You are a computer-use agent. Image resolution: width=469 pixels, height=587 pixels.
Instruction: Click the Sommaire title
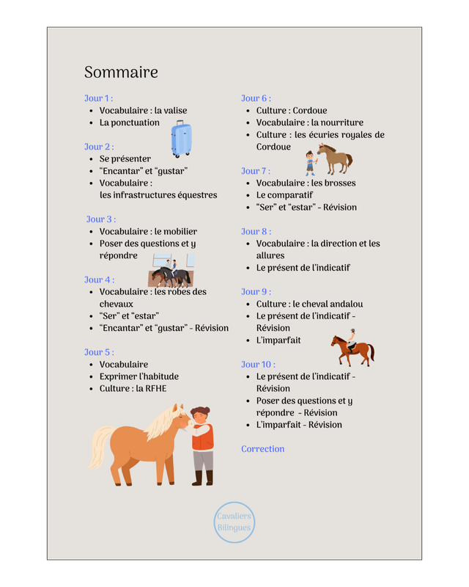pyautogui.click(x=121, y=73)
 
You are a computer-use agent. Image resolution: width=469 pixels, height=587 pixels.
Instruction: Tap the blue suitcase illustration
pyautogui.click(x=181, y=139)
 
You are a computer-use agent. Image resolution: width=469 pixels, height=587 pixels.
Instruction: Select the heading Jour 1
pyautogui.click(x=98, y=98)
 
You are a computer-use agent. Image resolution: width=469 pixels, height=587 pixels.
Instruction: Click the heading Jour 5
pyautogui.click(x=99, y=352)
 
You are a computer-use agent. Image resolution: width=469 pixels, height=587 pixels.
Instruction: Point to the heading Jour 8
pyautogui.click(x=256, y=231)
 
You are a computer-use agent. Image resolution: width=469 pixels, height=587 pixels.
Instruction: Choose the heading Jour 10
pyautogui.click(x=258, y=364)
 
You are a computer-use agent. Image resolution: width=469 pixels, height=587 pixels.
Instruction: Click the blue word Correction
pyautogui.click(x=262, y=449)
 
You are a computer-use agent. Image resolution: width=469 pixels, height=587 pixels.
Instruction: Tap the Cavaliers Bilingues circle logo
pyautogui.click(x=234, y=522)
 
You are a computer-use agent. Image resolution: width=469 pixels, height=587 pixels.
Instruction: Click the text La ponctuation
pyautogui.click(x=129, y=123)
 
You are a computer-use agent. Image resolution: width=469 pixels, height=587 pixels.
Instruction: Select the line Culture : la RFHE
pyautogui.click(x=133, y=388)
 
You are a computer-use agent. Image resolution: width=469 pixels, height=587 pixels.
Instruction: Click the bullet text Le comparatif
pyautogui.click(x=284, y=195)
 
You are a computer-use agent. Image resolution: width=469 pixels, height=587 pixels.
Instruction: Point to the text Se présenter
pyautogui.click(x=125, y=158)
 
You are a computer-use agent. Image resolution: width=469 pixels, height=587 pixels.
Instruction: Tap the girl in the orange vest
pyautogui.click(x=202, y=444)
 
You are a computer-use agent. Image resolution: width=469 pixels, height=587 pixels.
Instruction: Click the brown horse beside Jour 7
pyautogui.click(x=336, y=157)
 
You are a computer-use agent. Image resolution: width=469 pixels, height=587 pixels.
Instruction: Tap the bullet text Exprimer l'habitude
pyautogui.click(x=139, y=376)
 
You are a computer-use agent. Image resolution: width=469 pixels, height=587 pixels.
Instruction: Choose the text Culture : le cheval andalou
pyautogui.click(x=309, y=304)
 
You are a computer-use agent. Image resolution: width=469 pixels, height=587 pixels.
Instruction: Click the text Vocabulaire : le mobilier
pyautogui.click(x=148, y=231)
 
